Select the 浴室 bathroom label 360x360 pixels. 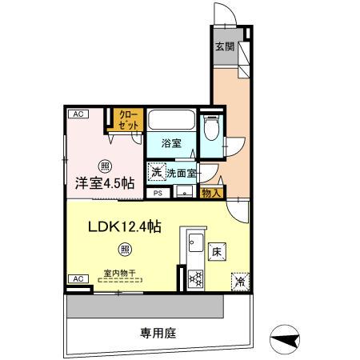click(172, 144)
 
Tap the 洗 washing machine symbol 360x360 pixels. click(156, 171)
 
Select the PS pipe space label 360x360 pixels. click(158, 193)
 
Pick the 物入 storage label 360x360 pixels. click(210, 193)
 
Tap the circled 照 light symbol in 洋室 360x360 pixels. click(105, 166)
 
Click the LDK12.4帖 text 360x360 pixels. click(124, 227)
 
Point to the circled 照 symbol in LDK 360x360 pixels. click(126, 249)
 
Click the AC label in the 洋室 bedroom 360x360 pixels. click(78, 114)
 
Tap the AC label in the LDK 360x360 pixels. click(78, 278)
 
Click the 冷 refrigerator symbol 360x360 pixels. click(239, 281)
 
